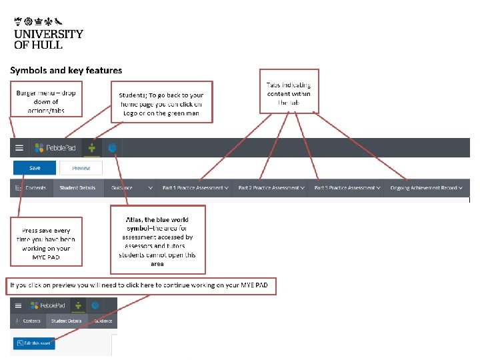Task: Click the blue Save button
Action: (35, 168)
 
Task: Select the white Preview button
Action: (81, 168)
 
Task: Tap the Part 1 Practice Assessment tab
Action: (195, 188)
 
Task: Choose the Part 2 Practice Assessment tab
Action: (271, 188)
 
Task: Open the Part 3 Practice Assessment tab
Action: (347, 188)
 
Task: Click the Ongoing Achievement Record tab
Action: (427, 188)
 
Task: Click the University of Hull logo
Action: (48, 31)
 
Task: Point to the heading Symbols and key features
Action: (66, 70)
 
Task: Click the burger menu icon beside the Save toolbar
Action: (19, 148)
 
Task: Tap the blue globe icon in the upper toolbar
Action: (113, 148)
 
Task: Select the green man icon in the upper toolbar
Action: (92, 148)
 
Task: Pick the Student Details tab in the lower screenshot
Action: (70, 321)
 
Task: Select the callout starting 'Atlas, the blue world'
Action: (158, 241)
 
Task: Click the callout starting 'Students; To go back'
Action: (162, 103)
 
